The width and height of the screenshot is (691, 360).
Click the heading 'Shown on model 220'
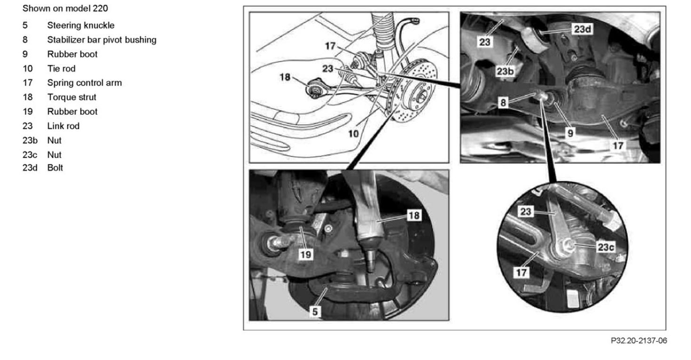click(65, 8)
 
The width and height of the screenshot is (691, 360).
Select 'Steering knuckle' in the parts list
click(81, 25)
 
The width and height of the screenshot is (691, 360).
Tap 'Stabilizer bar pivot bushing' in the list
click(102, 40)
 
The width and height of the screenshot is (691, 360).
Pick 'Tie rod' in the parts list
click(61, 69)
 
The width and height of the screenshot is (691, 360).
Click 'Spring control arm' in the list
click(85, 83)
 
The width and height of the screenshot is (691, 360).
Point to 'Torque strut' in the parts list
click(72, 97)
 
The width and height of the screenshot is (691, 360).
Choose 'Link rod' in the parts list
click(63, 126)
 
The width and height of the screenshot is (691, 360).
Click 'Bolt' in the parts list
click(55, 168)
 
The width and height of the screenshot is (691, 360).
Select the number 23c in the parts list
click(30, 154)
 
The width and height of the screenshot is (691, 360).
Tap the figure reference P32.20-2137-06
click(639, 341)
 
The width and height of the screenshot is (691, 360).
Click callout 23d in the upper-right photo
click(582, 29)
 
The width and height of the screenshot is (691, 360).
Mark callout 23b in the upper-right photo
click(505, 71)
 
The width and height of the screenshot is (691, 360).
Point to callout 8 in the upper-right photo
click(503, 102)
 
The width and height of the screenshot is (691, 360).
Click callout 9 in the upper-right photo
click(570, 133)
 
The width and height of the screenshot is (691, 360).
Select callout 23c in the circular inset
click(606, 247)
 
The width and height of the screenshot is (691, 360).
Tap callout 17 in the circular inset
click(522, 272)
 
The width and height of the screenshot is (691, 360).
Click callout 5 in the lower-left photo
click(314, 311)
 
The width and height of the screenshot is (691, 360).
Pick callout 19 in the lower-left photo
click(305, 255)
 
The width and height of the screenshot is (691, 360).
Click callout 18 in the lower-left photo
click(414, 215)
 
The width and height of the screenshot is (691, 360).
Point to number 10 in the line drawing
click(354, 134)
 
